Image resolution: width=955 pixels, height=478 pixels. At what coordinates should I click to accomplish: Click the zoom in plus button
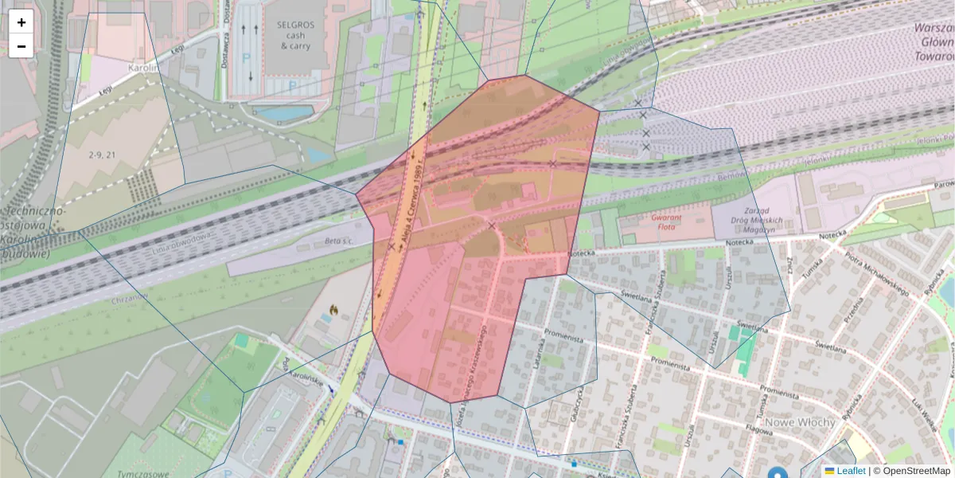point(21,22)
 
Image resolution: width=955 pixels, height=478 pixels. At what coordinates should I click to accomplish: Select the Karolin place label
point(143,69)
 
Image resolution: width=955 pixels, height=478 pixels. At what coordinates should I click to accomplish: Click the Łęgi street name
point(105,92)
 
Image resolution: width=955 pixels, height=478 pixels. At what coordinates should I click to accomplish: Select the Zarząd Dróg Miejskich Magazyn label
point(747,225)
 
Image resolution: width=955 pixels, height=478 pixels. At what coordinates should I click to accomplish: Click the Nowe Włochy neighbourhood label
point(800,421)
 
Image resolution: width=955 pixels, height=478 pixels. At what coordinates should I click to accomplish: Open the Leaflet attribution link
point(852,471)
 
